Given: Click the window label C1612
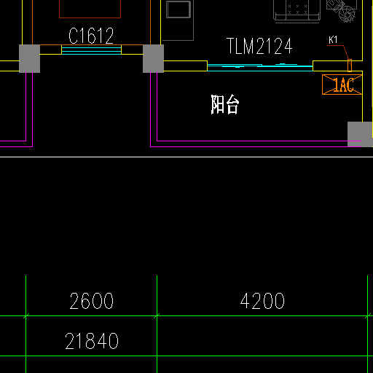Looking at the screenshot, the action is point(91,36).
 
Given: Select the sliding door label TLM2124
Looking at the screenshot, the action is point(259,46).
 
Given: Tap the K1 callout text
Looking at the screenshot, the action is point(333,40).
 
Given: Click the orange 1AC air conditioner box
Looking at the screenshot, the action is point(342,85).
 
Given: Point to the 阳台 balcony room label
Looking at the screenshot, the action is point(225,104).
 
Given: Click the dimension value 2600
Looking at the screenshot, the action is point(92,301).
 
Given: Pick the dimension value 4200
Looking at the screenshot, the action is point(262,301).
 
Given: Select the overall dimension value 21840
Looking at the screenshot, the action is point(92,341).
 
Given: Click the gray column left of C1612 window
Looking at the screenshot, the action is point(29,58).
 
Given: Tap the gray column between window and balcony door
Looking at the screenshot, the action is point(153,58).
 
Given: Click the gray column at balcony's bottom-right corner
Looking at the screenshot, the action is point(360,134).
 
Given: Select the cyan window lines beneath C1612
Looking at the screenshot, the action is point(91,51).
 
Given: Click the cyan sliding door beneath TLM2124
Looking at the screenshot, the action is point(260,67).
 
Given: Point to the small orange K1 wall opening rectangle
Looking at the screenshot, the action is point(350,66).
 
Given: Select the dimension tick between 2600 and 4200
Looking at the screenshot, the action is point(157,315).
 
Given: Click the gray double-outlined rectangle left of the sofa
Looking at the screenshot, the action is point(178,9).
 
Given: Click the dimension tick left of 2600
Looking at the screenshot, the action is point(25,315).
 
